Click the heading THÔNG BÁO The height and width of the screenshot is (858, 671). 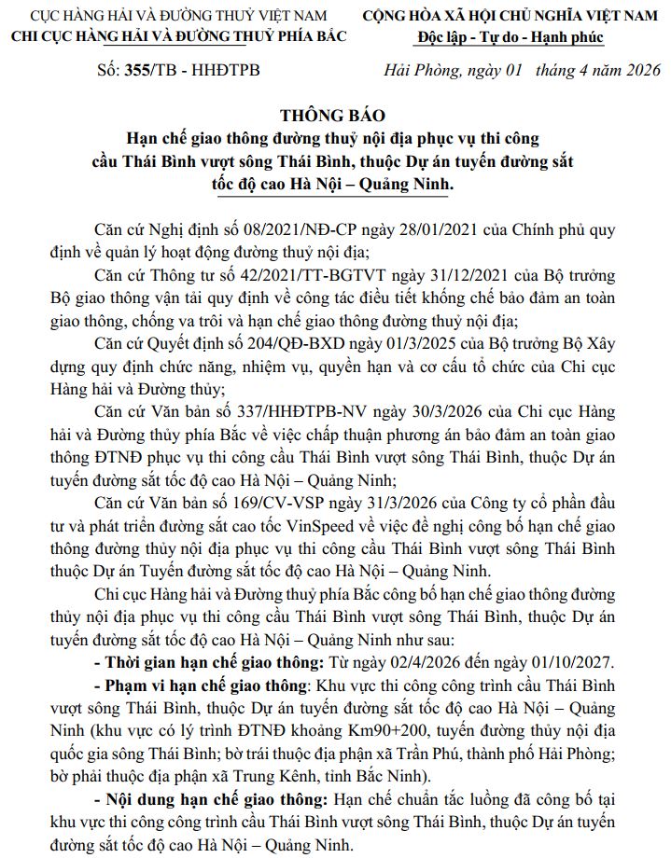(335, 117)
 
